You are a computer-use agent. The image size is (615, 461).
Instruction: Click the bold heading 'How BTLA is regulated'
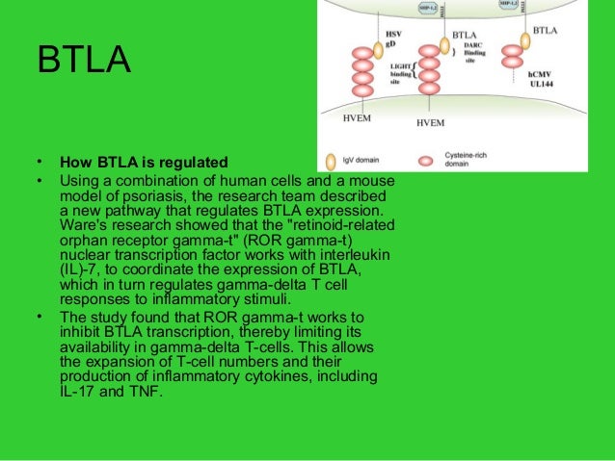point(143,161)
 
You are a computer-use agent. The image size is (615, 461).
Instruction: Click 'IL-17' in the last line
point(78,392)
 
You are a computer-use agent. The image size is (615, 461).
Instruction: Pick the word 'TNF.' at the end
point(143,392)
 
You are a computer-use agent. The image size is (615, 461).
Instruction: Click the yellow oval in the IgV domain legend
point(332,160)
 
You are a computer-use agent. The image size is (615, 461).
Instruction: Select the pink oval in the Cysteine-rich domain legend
point(425,160)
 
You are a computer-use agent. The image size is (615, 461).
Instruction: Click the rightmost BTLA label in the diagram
point(544,30)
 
